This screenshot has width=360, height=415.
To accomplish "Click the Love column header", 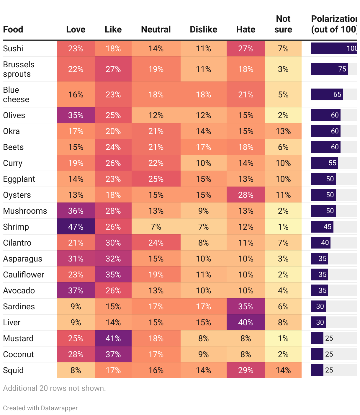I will click(x=76, y=30).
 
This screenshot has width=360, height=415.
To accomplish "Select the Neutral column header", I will click(x=156, y=30).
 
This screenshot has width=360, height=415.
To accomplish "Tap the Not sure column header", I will click(x=283, y=24).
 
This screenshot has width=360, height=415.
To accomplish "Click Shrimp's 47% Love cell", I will click(x=76, y=227).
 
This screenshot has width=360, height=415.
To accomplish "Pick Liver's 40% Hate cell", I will click(x=246, y=322).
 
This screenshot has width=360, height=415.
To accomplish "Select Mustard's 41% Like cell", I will click(x=113, y=338).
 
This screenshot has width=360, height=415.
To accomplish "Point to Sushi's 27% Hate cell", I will click(x=246, y=48).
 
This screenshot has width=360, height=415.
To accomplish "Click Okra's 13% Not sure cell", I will click(x=283, y=131).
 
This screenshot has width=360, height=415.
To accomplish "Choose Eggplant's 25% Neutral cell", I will click(x=156, y=179).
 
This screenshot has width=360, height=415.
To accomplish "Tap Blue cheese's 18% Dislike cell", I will click(x=203, y=94).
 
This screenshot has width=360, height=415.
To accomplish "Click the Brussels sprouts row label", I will click(x=19, y=69).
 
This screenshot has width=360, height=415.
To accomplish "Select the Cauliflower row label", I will click(x=24, y=275).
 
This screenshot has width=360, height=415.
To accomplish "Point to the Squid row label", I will click(x=13, y=370).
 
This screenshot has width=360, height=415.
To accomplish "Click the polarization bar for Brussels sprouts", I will click(x=329, y=69).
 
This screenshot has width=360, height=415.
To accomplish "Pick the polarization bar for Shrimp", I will click(x=322, y=227).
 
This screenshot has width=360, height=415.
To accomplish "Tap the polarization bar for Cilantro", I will click(x=320, y=243).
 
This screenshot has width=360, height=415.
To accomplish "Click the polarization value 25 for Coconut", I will click(x=329, y=354).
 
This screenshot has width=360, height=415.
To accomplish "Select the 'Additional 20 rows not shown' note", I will click(x=54, y=388).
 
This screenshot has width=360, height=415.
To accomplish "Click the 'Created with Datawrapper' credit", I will click(x=40, y=408).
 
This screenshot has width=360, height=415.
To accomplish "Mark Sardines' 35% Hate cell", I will click(x=246, y=306).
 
